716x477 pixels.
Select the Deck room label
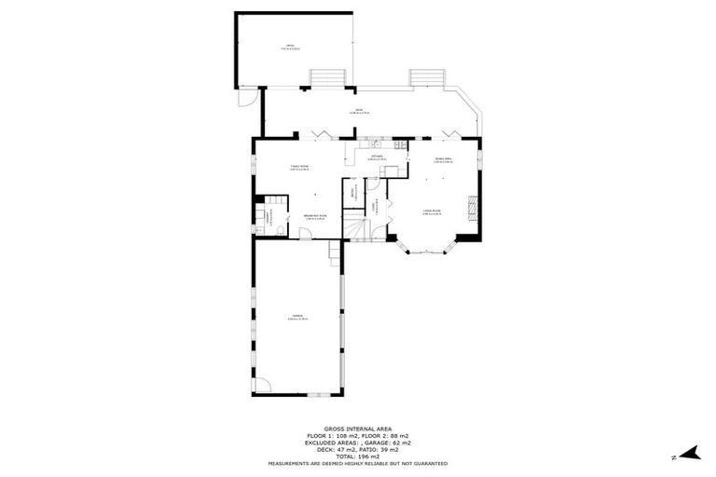(x=358, y=112)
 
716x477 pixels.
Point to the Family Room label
(x=298, y=168)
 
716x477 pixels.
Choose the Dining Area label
(x=443, y=161)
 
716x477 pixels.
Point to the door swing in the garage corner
(x=263, y=385)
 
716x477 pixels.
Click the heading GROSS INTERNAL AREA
(x=358, y=429)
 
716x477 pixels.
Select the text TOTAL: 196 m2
(x=358, y=457)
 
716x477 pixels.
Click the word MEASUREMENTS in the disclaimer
(x=294, y=463)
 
